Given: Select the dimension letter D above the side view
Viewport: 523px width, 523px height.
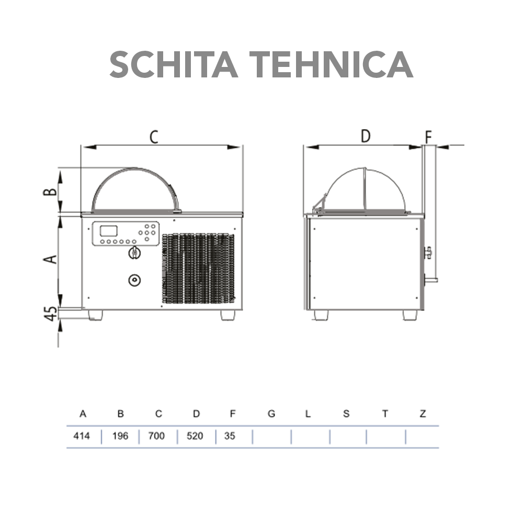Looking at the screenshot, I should [366, 136].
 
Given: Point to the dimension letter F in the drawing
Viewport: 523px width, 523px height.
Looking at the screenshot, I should [428, 138].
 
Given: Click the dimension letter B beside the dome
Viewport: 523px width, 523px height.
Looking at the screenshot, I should [50, 191].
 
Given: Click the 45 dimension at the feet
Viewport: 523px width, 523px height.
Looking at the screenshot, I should [51, 314].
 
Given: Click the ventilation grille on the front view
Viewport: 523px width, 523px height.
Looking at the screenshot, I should [198, 268].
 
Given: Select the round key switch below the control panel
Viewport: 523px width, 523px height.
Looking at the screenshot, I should [134, 253].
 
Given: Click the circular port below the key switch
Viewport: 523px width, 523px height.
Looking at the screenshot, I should [134, 280].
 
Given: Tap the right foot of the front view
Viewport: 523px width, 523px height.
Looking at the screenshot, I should [228, 315].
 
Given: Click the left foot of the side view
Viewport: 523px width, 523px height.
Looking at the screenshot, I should [321, 315].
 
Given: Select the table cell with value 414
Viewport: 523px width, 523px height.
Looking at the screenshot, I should [82, 436].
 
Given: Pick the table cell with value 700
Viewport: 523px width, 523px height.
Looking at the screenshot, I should [157, 436].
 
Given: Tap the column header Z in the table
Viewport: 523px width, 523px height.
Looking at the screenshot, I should [423, 414].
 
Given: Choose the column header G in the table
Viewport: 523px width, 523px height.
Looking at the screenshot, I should [271, 414].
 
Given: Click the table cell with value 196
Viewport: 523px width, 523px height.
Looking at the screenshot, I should [120, 436].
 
